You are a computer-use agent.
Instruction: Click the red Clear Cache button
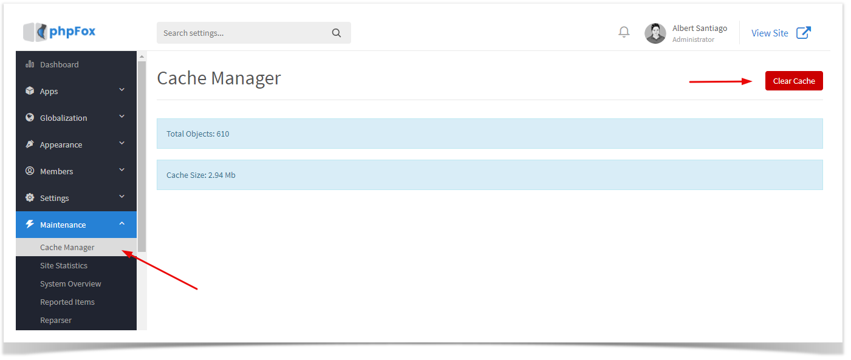[x=794, y=81]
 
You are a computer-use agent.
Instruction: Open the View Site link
[x=781, y=33]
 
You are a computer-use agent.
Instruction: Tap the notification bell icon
[x=624, y=32]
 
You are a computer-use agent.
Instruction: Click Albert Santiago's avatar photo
[x=655, y=33]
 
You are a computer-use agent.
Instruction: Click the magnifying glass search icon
[x=337, y=33]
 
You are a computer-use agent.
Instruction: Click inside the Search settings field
[x=243, y=33]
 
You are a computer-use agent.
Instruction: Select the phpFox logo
[x=60, y=32]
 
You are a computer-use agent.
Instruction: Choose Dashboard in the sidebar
[x=60, y=64]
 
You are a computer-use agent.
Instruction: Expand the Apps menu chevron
[x=122, y=90]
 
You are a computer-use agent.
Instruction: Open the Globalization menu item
[x=63, y=118]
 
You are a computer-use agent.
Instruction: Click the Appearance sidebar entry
[x=61, y=144]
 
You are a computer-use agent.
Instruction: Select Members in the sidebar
[x=56, y=171]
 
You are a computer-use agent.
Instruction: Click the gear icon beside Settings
[x=30, y=197]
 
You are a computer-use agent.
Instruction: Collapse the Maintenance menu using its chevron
[x=122, y=223]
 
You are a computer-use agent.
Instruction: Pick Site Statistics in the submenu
[x=64, y=265]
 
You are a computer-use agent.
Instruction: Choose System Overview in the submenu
[x=70, y=284]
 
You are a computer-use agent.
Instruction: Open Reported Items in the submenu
[x=67, y=302]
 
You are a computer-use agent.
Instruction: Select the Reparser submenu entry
[x=56, y=320]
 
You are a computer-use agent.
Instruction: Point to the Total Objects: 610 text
[x=197, y=134]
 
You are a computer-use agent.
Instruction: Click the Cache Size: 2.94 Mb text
[x=201, y=175]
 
